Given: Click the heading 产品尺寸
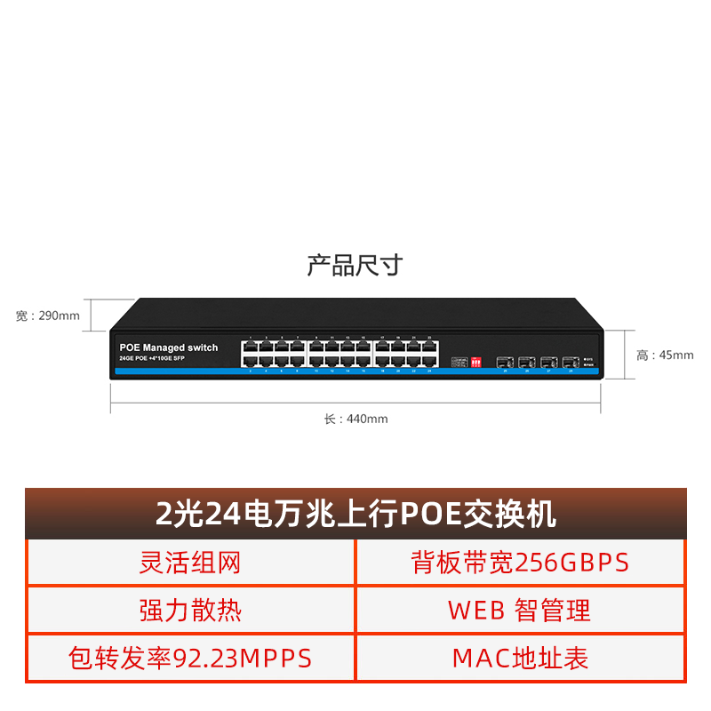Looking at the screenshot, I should click(355, 265).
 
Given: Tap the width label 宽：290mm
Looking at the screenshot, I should click(48, 316).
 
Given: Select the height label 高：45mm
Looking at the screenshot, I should click(665, 355).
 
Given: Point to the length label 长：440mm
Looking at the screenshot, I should click(355, 419).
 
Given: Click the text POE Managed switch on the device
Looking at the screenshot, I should click(168, 348).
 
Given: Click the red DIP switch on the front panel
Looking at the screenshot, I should click(475, 362).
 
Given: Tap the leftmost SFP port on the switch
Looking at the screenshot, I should click(505, 362).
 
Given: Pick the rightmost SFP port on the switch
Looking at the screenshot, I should click(569, 362).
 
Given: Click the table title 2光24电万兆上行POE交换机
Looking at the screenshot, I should click(355, 514).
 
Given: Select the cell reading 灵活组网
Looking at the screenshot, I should click(190, 562).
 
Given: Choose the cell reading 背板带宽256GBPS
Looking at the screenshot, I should click(520, 562).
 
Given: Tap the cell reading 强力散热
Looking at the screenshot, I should click(190, 610).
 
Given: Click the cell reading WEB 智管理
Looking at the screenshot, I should click(520, 610).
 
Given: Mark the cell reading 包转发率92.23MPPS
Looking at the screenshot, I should click(190, 658).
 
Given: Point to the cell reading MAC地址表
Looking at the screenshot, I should click(520, 658).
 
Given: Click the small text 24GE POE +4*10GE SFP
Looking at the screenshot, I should click(152, 357).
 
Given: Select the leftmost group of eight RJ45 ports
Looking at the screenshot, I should click(273, 355).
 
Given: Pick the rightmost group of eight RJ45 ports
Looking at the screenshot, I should click(406, 355).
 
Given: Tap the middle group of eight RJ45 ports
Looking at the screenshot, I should click(340, 355).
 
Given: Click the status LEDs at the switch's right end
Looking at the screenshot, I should click(587, 362).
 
